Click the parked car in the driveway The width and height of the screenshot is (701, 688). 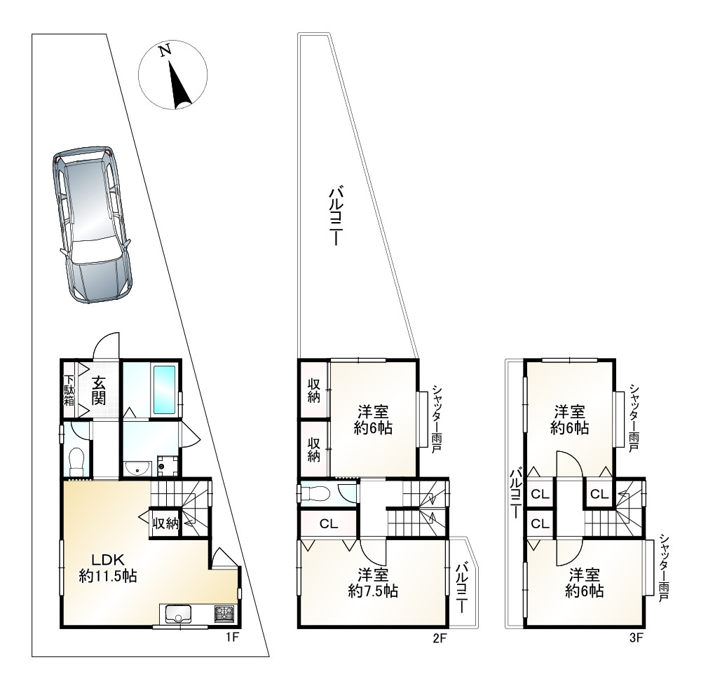pos(92,223)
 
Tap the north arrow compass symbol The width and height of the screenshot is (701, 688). pos(172,75)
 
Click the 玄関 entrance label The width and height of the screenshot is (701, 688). pos(99,391)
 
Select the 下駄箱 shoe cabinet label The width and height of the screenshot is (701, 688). pos(69,390)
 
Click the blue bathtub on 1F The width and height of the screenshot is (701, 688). pos(165,390)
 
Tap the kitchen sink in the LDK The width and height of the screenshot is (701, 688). pos(178,613)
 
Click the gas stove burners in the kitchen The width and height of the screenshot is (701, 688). pos(224,613)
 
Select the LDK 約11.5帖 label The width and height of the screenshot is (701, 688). pos(108,567)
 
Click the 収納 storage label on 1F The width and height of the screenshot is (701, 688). pos(166,523)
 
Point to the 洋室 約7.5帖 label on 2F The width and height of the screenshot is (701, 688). pos(373,583)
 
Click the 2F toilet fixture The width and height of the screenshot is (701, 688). pos(315,494)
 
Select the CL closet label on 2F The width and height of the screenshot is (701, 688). pos(328,523)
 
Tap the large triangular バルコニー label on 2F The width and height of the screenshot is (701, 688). pos(336,216)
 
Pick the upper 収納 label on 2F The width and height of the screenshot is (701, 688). pos(314,390)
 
